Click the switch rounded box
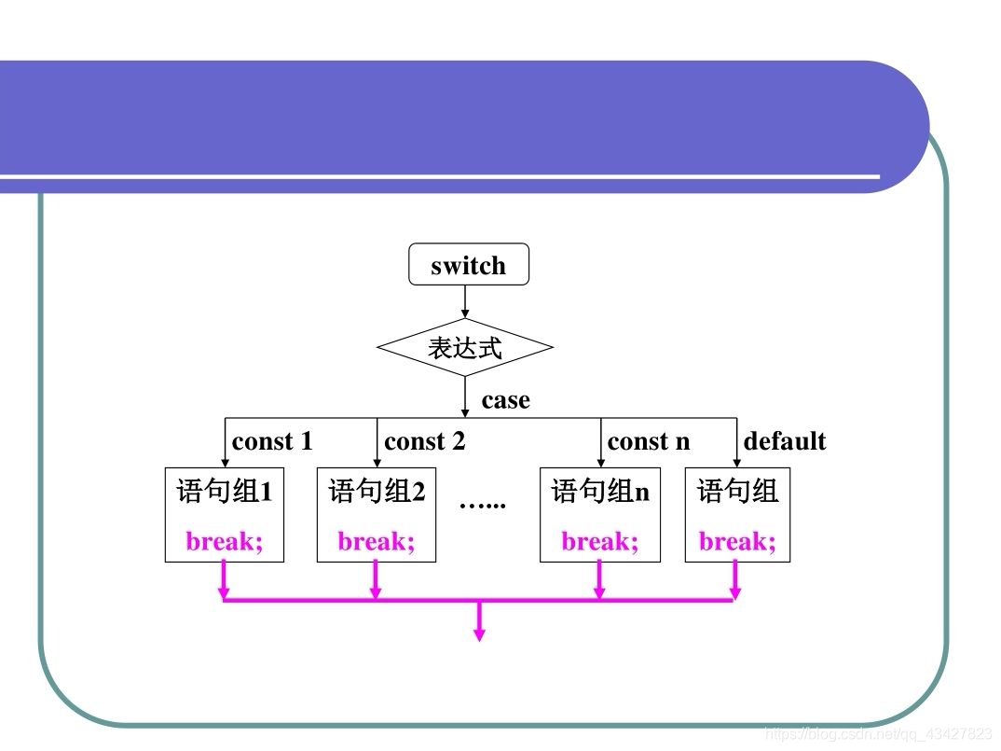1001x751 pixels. click(469, 265)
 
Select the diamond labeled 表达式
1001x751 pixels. click(465, 348)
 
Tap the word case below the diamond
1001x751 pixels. click(505, 400)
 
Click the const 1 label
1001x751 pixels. click(272, 441)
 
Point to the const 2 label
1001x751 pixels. click(424, 441)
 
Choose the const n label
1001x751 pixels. click(649, 441)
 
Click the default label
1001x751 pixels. click(785, 441)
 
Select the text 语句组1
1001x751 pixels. click(225, 491)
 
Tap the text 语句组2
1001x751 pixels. click(377, 491)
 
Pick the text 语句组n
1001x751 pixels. click(600, 491)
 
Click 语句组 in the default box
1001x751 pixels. click(737, 491)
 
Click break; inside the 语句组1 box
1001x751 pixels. click(225, 541)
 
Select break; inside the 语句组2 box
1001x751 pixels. click(377, 541)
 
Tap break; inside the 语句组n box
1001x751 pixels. click(600, 541)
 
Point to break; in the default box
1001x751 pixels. click(737, 541)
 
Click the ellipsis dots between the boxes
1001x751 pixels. click(483, 504)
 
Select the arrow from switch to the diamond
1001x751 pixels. click(465, 301)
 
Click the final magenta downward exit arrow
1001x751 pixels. click(479, 622)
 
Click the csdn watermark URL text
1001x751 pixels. click(878, 734)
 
